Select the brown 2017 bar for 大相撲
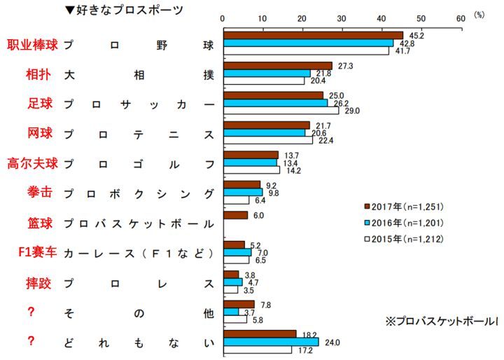(277, 66)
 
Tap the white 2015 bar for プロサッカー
(280, 111)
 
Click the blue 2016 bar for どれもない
(270, 342)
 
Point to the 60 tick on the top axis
(460, 19)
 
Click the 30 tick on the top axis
(342, 19)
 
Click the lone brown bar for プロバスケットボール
(234, 215)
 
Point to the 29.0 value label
(351, 111)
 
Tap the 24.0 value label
(332, 342)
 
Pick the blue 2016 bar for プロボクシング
(242, 192)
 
